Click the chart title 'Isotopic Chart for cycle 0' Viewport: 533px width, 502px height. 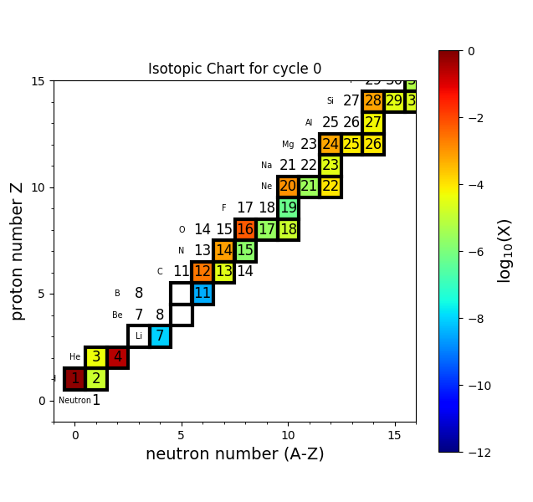(x=234, y=69)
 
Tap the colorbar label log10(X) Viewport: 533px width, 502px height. (x=505, y=250)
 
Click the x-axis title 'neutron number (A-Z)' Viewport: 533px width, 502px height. (x=234, y=454)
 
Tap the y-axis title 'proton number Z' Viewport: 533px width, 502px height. (x=18, y=251)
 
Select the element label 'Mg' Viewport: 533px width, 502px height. (x=288, y=145)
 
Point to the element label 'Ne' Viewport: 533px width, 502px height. (x=266, y=187)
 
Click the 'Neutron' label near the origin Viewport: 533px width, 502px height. (x=74, y=401)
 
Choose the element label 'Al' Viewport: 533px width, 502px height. (x=309, y=123)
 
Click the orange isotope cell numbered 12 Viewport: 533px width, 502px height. (x=202, y=272)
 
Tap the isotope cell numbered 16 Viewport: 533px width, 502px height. (x=245, y=229)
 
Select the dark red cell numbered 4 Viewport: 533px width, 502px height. (x=117, y=357)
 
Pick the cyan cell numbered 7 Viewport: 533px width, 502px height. (x=160, y=336)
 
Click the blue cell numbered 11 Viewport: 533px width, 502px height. (x=202, y=294)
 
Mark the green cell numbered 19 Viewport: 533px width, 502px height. (x=288, y=208)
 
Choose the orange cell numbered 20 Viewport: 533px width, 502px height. (x=288, y=187)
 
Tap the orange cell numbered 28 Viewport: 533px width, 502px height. (x=373, y=101)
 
